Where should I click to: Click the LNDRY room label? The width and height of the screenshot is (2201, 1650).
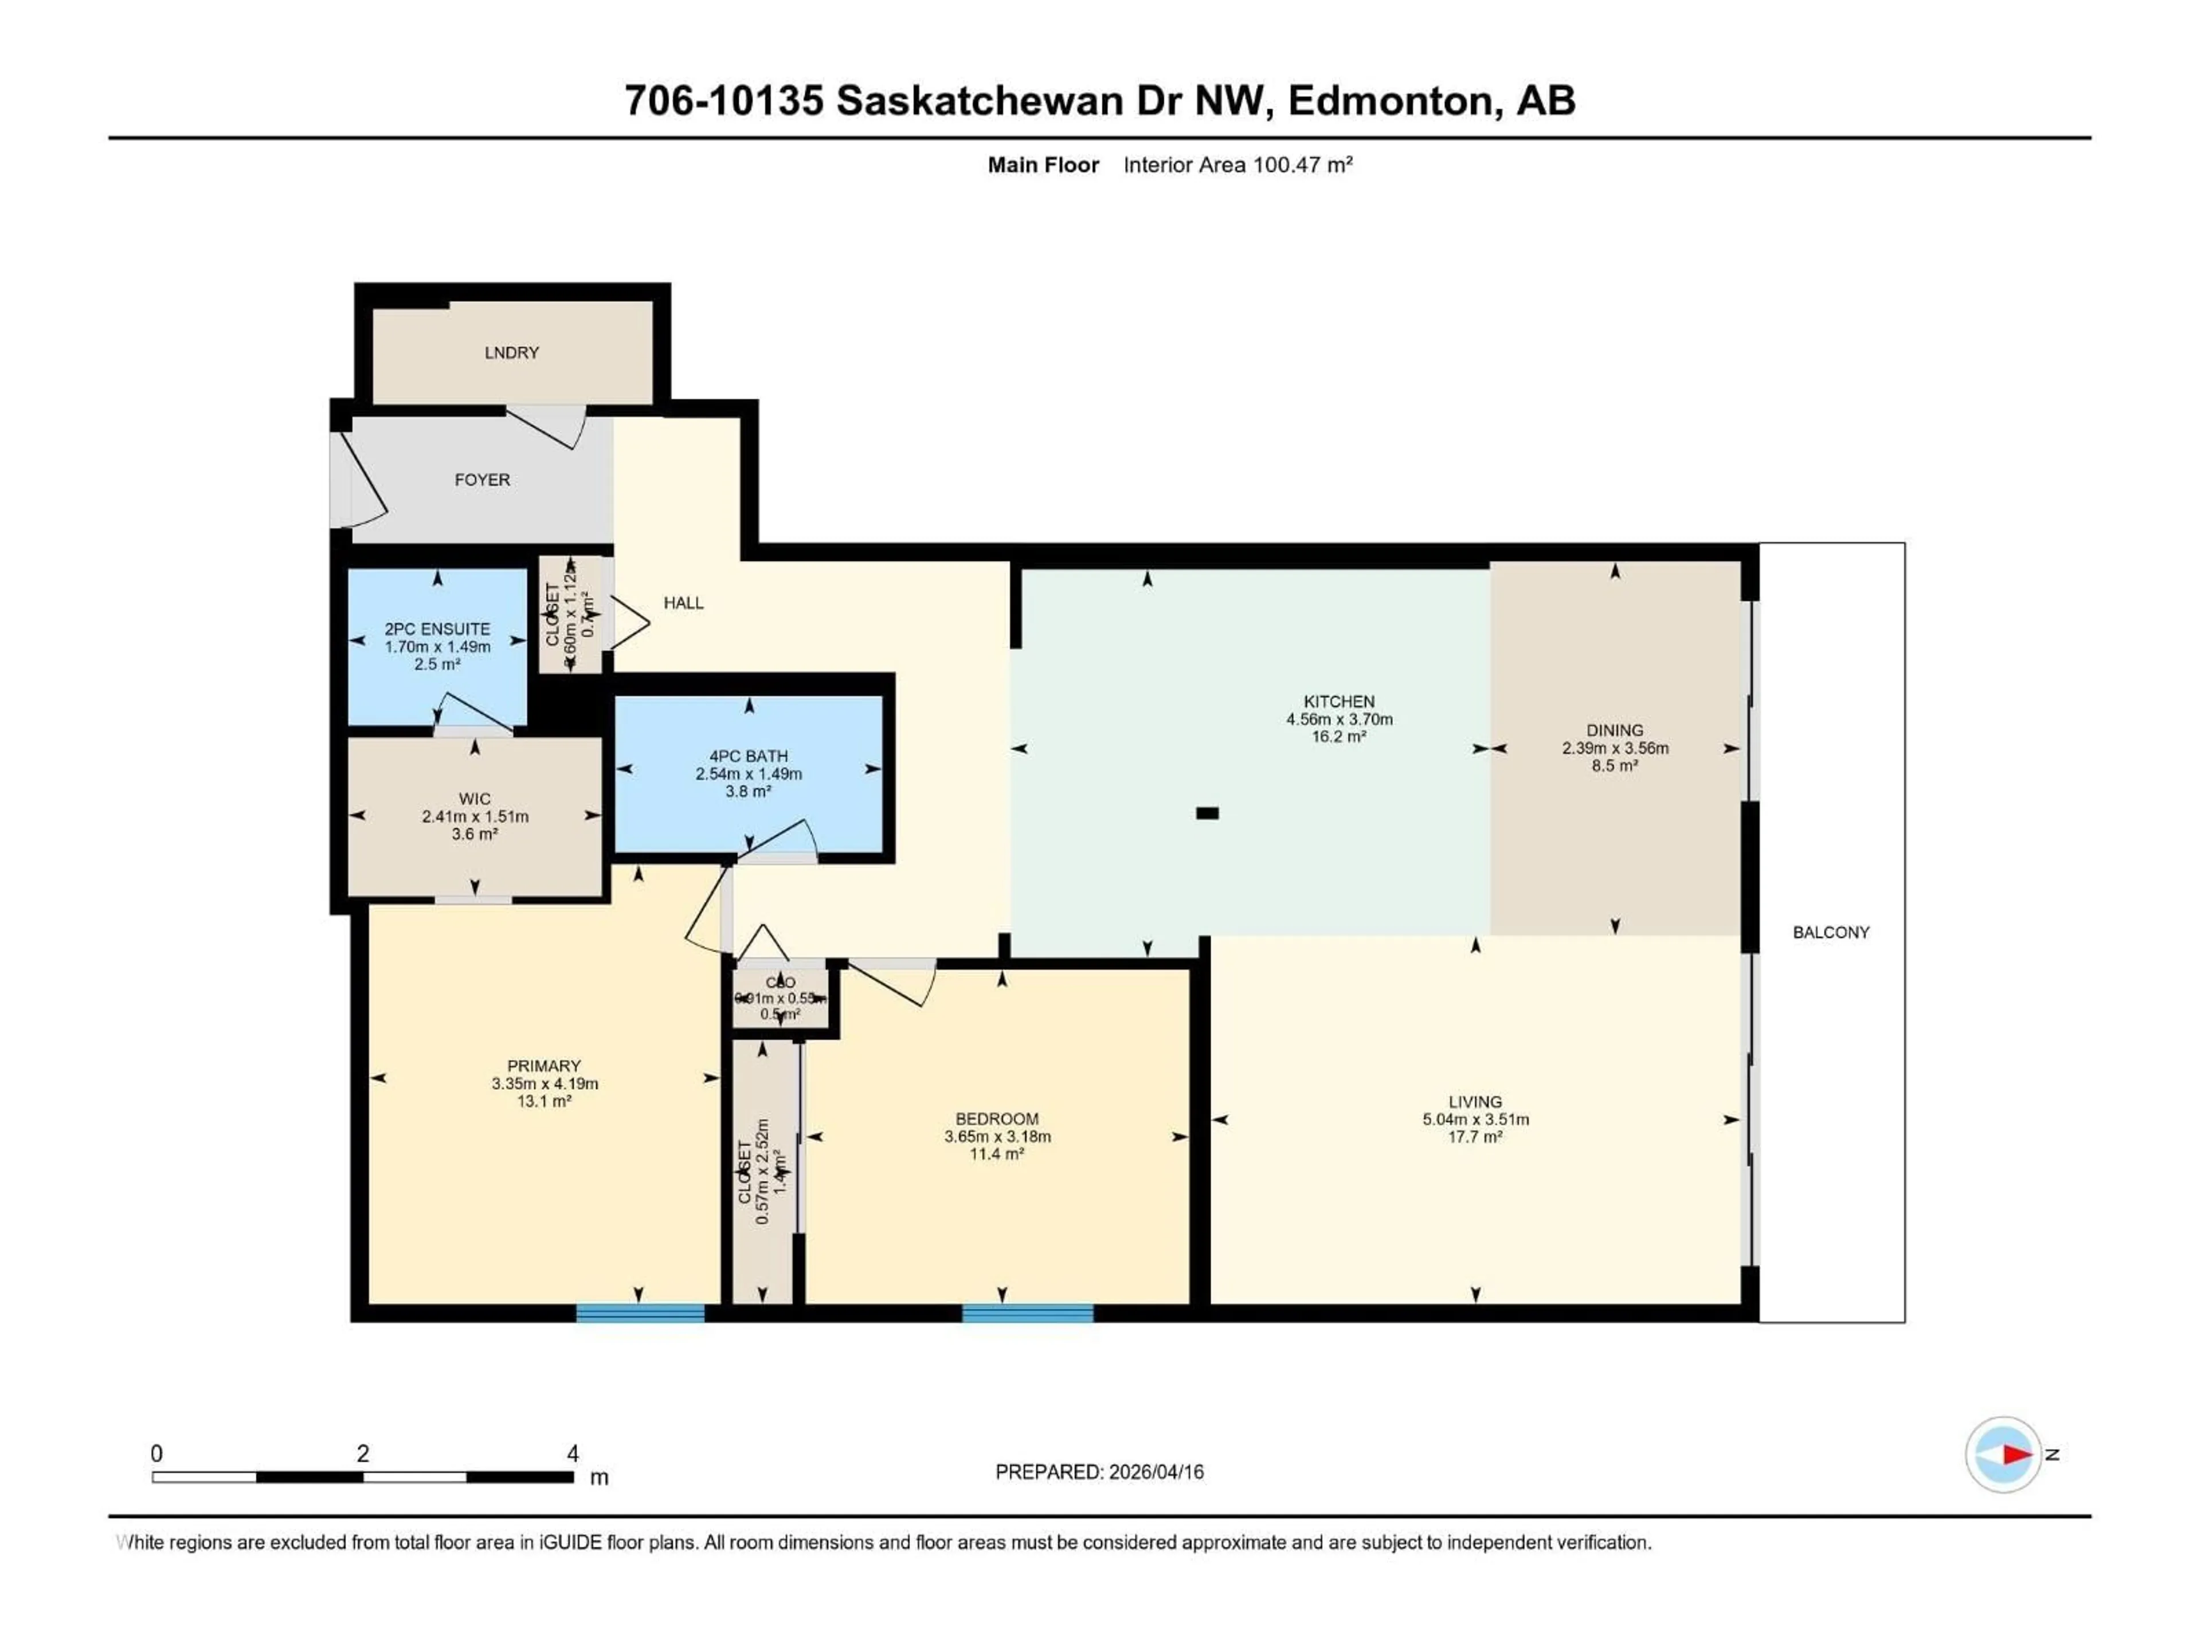point(511,353)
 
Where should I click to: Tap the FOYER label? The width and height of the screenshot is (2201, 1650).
point(483,480)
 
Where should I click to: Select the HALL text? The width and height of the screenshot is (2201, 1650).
point(684,603)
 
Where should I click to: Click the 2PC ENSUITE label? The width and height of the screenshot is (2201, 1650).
point(438,628)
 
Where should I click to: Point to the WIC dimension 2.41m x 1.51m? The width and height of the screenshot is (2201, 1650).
point(475,816)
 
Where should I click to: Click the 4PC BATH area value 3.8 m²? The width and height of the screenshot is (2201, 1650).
point(748,792)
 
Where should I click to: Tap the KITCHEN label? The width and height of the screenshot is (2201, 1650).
point(1340,701)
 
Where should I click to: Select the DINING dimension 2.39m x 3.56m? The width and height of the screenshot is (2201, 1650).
point(1615,748)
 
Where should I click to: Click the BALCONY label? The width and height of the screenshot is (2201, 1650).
point(1831,932)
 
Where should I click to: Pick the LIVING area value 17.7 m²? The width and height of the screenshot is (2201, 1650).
point(1475,1137)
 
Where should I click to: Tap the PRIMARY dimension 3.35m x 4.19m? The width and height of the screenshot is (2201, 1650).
point(545,1084)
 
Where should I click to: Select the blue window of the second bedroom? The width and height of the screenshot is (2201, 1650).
point(1027,1313)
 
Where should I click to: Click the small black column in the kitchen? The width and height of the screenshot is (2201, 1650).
point(1207,814)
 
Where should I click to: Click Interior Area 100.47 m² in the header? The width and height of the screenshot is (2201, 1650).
point(1238,165)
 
